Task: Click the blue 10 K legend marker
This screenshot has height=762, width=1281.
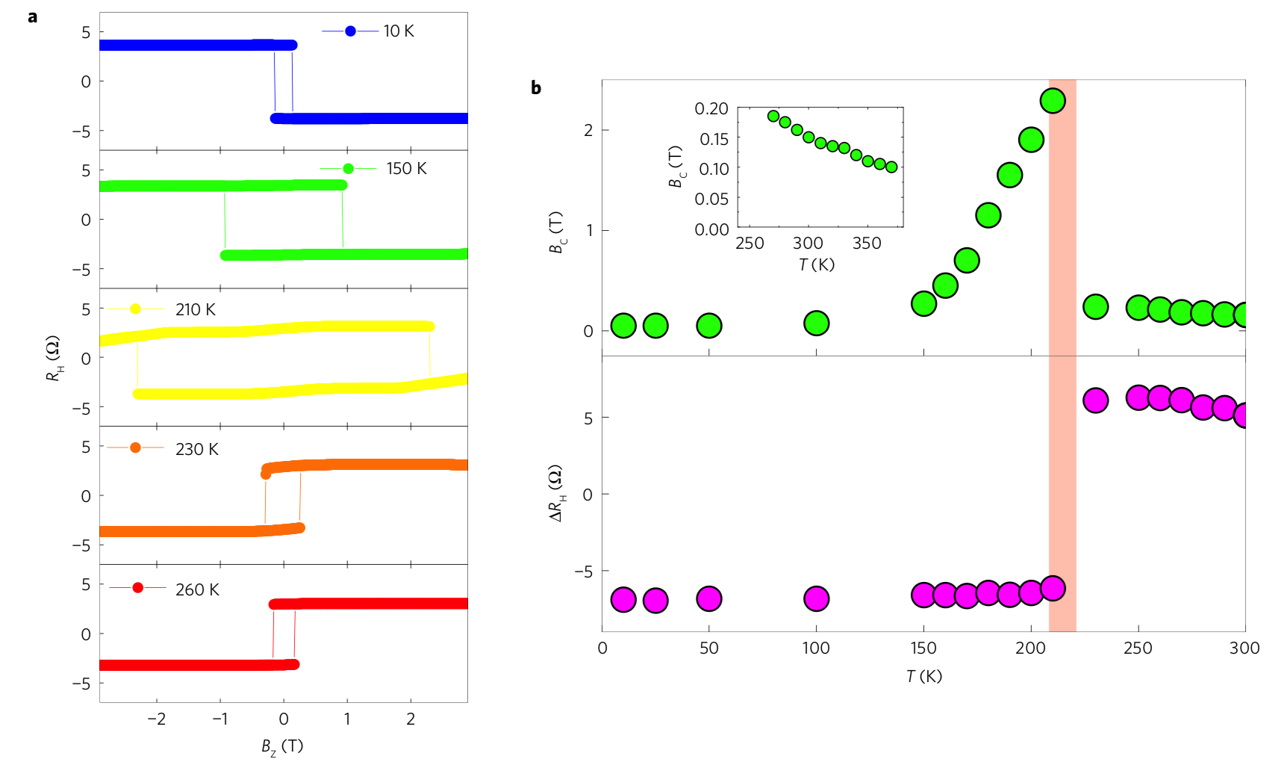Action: [x=350, y=31]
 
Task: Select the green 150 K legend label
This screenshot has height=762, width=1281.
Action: [x=406, y=169]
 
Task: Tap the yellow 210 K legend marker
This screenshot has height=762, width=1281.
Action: [x=135, y=309]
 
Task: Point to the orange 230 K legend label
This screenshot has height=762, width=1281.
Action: [x=197, y=449]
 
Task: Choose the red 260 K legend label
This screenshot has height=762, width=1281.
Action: [x=197, y=589]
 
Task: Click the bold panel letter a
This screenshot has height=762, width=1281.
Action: [x=32, y=16]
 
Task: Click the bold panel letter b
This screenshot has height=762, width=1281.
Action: [x=536, y=88]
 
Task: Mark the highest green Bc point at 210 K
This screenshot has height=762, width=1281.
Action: [x=1053, y=101]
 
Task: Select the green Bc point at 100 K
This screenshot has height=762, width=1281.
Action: [x=817, y=323]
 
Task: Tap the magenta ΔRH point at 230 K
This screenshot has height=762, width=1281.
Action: [x=1095, y=400]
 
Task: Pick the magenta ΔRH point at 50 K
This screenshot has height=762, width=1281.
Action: [x=709, y=598]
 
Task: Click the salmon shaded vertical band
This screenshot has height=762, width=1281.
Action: [x=1062, y=448]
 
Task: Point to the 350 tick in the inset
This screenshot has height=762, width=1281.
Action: [x=867, y=244]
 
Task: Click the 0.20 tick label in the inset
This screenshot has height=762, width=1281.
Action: [x=711, y=109]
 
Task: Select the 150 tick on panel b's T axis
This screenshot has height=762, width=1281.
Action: [x=923, y=648]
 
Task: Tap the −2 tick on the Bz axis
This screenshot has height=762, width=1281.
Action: [x=156, y=719]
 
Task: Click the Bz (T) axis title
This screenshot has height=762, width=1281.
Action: [x=282, y=746]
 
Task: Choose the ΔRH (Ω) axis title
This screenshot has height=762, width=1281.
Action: [x=557, y=493]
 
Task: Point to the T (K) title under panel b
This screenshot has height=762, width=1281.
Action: [x=924, y=676]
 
